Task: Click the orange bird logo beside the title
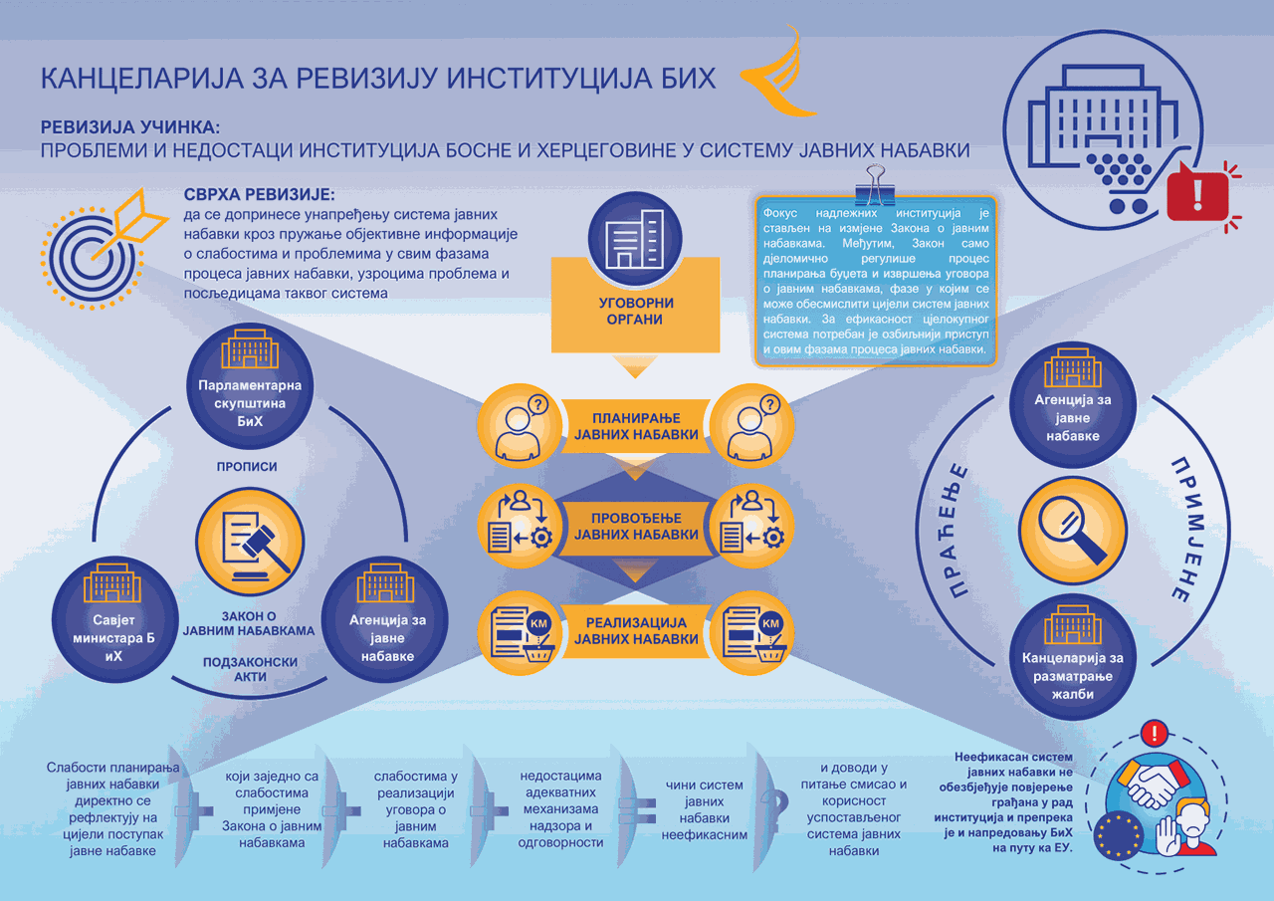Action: [x=779, y=74]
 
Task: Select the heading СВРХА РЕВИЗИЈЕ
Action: [x=260, y=194]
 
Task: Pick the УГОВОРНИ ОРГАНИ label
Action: [x=635, y=312]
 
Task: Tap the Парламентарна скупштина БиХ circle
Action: [x=250, y=386]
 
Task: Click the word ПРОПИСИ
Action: [x=247, y=466]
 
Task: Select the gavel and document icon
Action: [x=250, y=542]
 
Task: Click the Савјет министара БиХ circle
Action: [x=115, y=619]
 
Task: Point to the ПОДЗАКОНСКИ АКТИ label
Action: [x=250, y=669]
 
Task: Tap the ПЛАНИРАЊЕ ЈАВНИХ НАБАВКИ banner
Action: [x=636, y=427]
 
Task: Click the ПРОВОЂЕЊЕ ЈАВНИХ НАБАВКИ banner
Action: [x=636, y=527]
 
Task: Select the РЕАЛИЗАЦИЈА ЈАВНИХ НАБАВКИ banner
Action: [x=636, y=631]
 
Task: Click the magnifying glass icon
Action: [x=1073, y=530]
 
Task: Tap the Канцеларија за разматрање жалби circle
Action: [x=1073, y=657]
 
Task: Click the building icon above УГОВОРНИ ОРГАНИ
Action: [x=635, y=239]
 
